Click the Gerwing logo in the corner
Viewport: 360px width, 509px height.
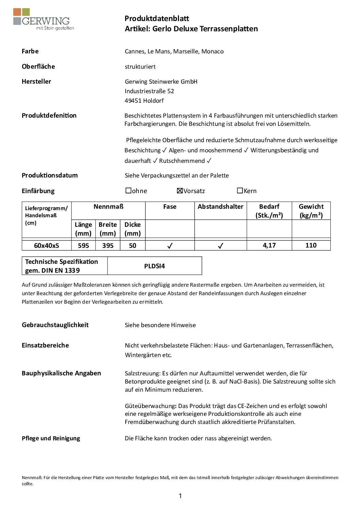[x=43, y=20]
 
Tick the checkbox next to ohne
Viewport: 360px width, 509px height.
[x=128, y=191]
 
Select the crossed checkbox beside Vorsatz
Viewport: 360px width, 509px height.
[x=180, y=191]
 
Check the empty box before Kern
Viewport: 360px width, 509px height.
[x=240, y=191]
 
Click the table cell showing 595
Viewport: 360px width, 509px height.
[x=83, y=245]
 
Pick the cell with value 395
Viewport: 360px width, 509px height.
[x=108, y=245]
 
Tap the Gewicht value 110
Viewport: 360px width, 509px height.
[x=311, y=245]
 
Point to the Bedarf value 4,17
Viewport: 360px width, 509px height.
[x=269, y=245]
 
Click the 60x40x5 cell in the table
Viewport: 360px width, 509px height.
[x=47, y=245]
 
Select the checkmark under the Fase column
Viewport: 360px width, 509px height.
[x=170, y=245]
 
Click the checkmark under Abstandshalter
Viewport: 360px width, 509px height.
[x=220, y=245]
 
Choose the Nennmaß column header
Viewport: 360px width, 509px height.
[x=109, y=206]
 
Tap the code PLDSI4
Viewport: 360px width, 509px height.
[x=154, y=266]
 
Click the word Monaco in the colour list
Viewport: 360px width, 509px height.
[x=212, y=51]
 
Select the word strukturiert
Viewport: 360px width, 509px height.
[x=140, y=67]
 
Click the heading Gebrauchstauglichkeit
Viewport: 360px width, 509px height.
[x=55, y=325]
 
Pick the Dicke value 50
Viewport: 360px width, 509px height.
[x=133, y=245]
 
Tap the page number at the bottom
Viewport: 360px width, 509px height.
[x=180, y=496]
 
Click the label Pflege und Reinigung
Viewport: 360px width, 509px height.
[x=51, y=438]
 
